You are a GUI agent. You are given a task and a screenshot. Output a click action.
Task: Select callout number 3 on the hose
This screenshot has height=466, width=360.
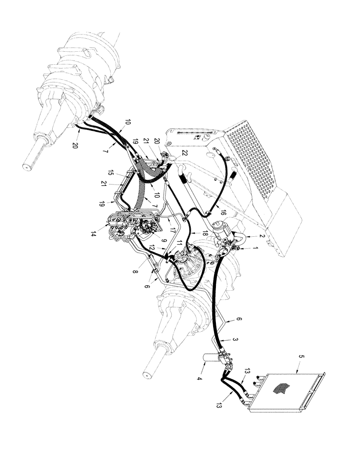point(236,341)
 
